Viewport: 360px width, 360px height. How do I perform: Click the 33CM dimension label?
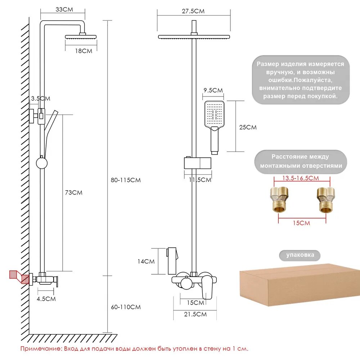64,10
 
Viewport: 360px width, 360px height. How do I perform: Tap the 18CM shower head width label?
84,51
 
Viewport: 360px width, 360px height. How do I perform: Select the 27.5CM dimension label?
193,11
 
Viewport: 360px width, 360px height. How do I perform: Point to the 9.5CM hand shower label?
213,90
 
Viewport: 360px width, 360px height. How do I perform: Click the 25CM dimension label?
248,127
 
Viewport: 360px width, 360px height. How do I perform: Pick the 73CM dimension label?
73,193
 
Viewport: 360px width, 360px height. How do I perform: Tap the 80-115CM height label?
126,180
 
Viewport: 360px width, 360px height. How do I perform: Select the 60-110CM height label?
126,307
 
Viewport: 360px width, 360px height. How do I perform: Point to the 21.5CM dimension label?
195,314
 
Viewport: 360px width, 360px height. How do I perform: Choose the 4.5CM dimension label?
46,298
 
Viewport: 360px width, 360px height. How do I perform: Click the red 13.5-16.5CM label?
300,178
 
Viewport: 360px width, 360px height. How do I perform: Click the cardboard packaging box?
300,284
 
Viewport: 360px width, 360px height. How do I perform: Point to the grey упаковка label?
300,255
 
